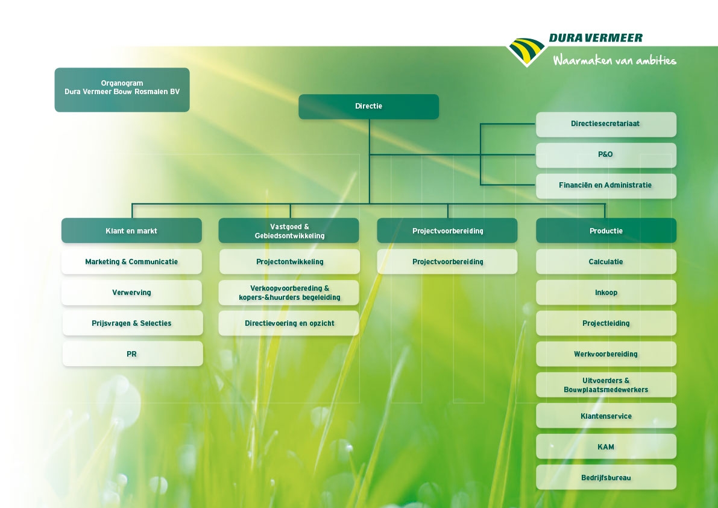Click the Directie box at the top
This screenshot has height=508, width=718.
pyautogui.click(x=368, y=107)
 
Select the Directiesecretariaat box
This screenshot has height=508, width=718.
pyautogui.click(x=606, y=124)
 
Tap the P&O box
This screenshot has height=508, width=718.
pyautogui.click(x=606, y=155)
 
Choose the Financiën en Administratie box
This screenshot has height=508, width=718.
pyautogui.click(x=606, y=185)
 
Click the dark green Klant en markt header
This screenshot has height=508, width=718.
pyautogui.click(x=131, y=230)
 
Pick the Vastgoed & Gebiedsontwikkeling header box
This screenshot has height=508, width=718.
pyautogui.click(x=289, y=230)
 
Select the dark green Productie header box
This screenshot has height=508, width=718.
pyautogui.click(x=606, y=230)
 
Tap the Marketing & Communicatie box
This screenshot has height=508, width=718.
pyautogui.click(x=131, y=262)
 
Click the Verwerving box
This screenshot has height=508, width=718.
pyautogui.click(x=131, y=292)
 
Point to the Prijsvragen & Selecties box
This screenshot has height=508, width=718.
pyautogui.click(x=133, y=323)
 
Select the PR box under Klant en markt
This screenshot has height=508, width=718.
pyautogui.click(x=133, y=354)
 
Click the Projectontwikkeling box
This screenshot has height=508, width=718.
pyautogui.click(x=289, y=262)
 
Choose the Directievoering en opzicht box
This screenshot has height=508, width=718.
pyautogui.click(x=289, y=323)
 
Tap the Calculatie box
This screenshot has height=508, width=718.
pyautogui.click(x=606, y=262)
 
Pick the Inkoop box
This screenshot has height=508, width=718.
pyautogui.click(x=606, y=292)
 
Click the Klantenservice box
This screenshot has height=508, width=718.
pyautogui.click(x=606, y=416)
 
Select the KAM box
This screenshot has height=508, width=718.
pyautogui.click(x=606, y=446)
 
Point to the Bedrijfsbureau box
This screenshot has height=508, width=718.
pyautogui.click(x=606, y=477)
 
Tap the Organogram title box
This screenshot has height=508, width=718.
pyautogui.click(x=122, y=90)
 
